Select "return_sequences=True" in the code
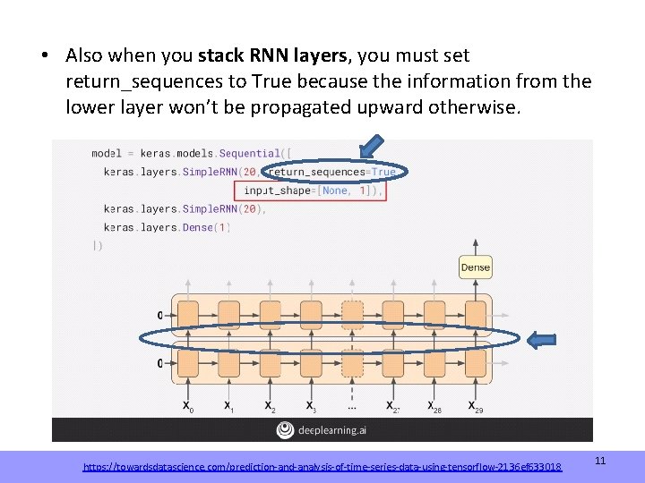point(332,172)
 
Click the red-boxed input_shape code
point(309,191)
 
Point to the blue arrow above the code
point(374,148)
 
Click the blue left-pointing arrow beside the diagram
point(544,340)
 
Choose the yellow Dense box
point(475,267)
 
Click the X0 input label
point(188,406)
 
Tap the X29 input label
point(475,406)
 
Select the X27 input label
point(393,406)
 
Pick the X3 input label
point(311,406)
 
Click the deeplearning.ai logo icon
point(286,430)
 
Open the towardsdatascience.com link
point(322,467)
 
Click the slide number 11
point(600,461)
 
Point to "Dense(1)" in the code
point(207,227)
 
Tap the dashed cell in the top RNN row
point(353,315)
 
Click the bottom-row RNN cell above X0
point(188,363)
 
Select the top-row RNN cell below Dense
point(475,315)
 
